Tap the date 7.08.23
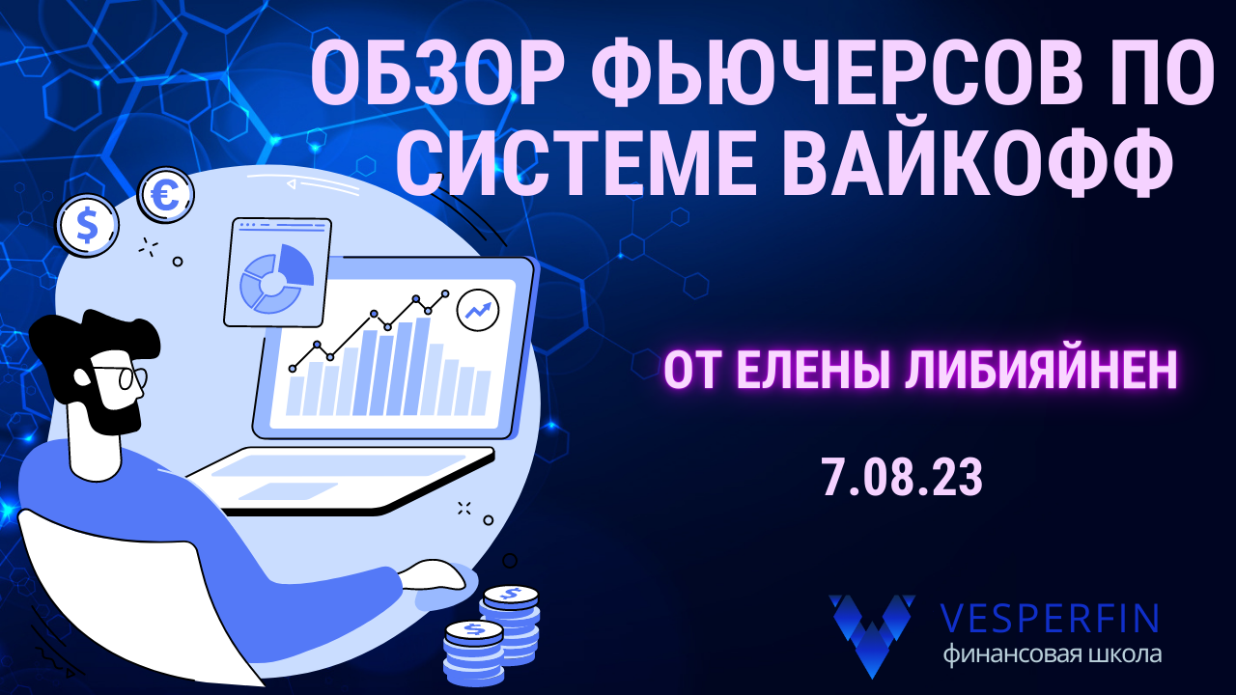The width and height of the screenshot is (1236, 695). tap(902, 478)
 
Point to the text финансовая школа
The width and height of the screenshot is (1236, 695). tap(1053, 654)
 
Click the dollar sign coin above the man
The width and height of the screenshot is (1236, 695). tap(87, 225)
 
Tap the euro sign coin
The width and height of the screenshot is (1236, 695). tap(166, 196)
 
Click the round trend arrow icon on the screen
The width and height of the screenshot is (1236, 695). tap(478, 310)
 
